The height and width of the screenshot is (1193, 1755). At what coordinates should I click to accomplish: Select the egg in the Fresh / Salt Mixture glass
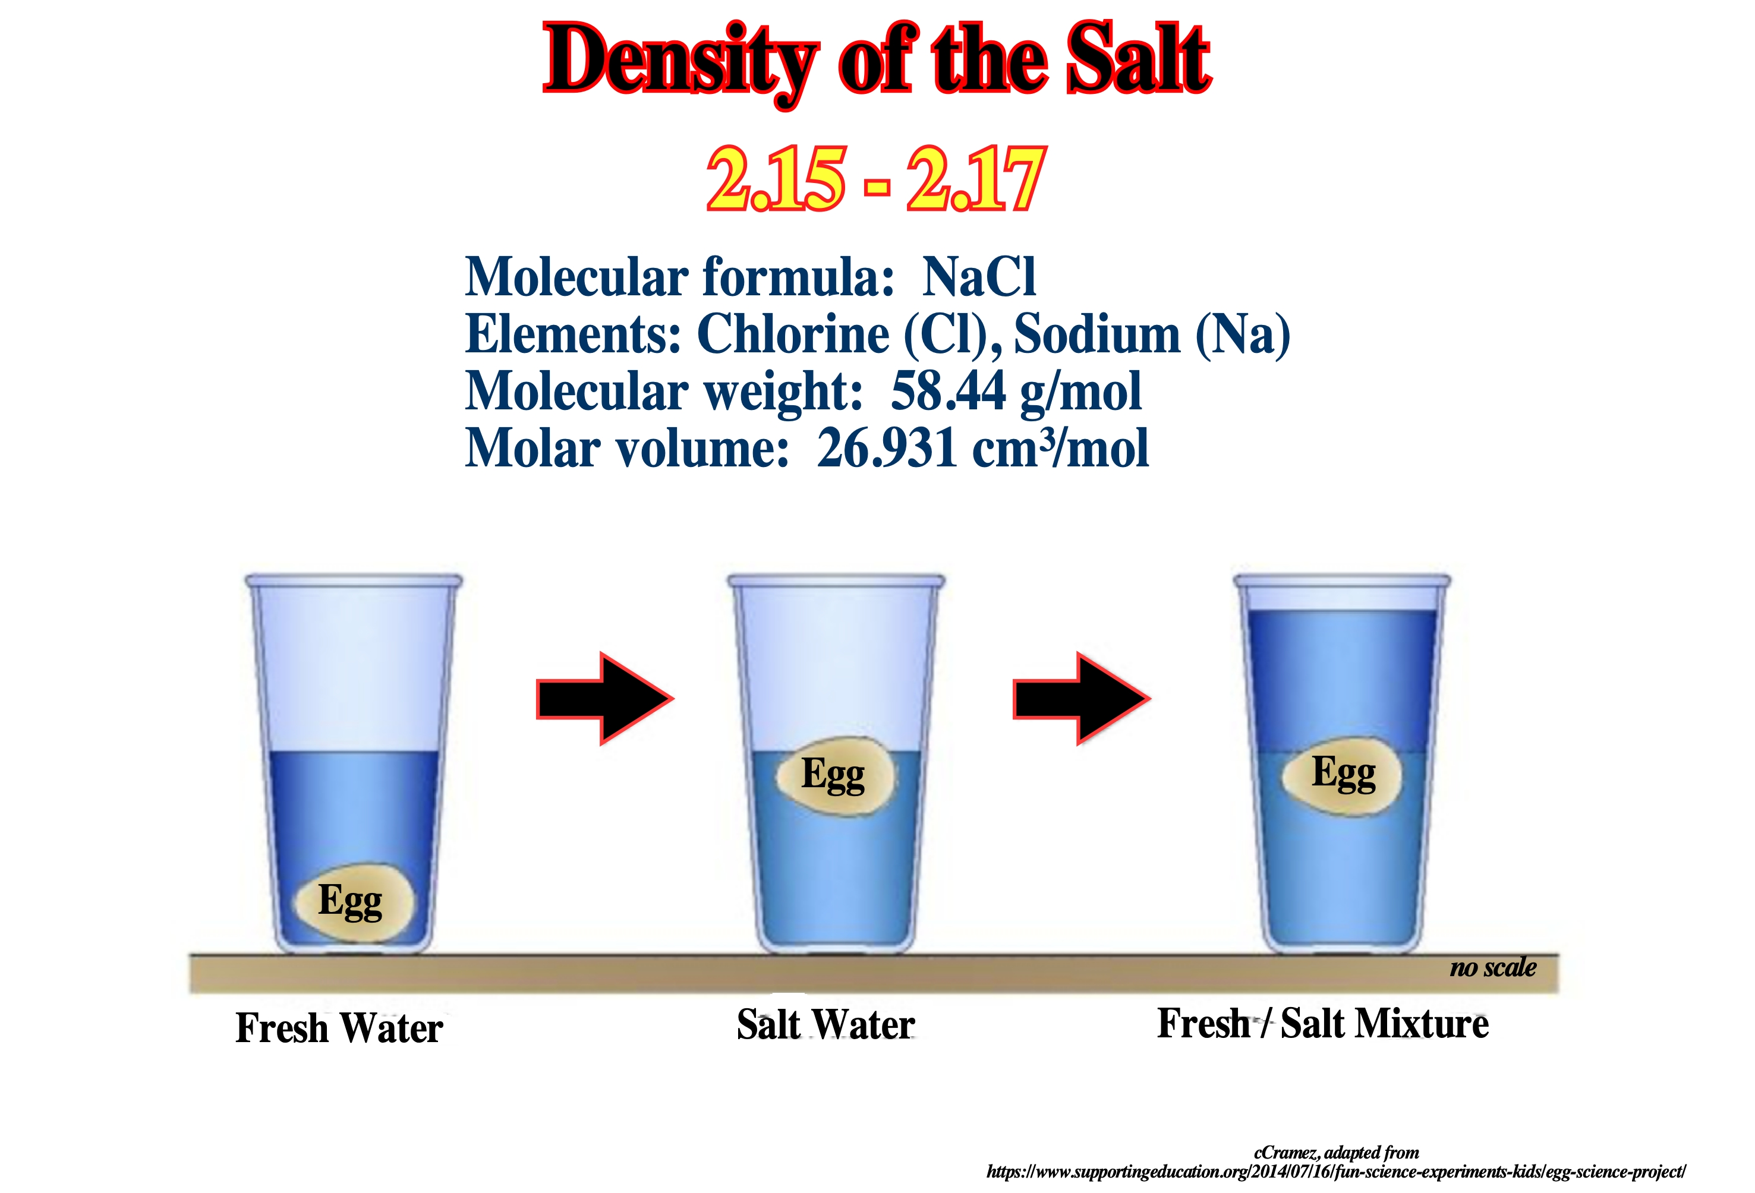tap(1343, 775)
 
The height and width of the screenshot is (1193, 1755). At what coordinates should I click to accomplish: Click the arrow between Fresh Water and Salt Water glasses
tap(605, 699)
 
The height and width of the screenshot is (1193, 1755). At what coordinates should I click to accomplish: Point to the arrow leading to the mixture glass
tap(1082, 699)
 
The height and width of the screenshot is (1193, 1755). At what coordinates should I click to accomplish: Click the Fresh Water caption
tap(339, 1028)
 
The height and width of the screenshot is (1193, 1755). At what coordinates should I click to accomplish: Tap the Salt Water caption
tap(825, 1025)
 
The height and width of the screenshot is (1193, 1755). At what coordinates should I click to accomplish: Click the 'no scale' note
tap(1493, 967)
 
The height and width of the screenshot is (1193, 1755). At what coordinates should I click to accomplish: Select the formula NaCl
tap(979, 277)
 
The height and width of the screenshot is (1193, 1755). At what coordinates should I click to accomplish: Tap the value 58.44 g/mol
tap(1016, 392)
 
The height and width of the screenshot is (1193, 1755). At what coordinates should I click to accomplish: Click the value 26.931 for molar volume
tap(888, 449)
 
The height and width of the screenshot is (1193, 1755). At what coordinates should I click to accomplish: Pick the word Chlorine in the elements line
tap(793, 334)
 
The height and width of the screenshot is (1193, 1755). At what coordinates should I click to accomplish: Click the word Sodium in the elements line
tap(1097, 334)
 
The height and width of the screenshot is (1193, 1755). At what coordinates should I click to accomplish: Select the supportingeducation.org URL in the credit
tap(1336, 1172)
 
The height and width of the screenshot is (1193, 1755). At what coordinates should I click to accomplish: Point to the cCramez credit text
tap(1336, 1152)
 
